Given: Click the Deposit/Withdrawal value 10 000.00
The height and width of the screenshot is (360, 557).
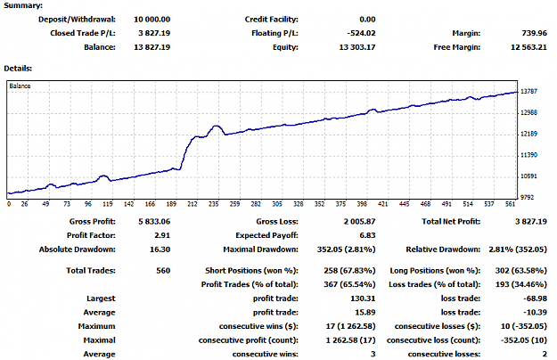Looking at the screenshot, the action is (x=152, y=20).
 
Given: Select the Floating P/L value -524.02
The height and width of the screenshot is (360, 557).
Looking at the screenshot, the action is (x=361, y=33).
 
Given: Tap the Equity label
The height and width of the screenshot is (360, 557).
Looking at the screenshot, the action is (x=285, y=47).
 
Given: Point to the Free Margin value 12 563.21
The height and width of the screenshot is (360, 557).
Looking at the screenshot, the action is (x=528, y=47).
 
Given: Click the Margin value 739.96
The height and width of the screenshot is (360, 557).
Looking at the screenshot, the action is (x=534, y=33).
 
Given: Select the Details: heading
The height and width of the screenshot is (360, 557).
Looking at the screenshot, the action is (x=18, y=68).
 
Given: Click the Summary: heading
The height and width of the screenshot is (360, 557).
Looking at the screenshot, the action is (x=23, y=5).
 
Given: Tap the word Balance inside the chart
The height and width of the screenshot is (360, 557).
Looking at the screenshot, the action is (x=20, y=86).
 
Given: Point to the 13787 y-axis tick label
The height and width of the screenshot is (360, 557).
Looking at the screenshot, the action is (x=528, y=91).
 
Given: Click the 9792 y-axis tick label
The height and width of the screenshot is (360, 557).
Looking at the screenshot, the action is (x=528, y=197).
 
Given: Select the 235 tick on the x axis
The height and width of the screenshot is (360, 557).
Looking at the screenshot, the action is (x=214, y=204).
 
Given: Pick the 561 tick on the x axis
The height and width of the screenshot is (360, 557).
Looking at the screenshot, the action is (x=510, y=204).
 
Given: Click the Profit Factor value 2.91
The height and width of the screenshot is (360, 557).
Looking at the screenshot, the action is (x=162, y=235).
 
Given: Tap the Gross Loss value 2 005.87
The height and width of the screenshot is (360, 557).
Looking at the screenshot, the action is (x=359, y=222).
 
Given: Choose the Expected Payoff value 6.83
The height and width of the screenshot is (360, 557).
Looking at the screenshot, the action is (x=368, y=235).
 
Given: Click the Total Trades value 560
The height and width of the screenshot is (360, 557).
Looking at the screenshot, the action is (x=163, y=271).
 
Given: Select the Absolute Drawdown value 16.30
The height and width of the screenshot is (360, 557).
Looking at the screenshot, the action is (x=160, y=250).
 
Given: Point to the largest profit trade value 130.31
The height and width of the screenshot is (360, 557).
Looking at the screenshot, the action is (x=363, y=299).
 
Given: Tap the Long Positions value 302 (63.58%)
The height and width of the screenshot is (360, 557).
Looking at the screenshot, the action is (x=521, y=271).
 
